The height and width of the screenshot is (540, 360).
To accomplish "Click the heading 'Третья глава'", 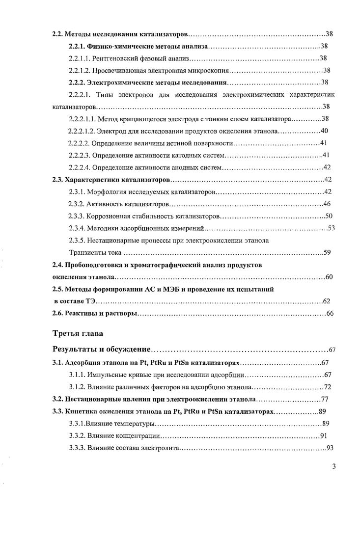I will coord(78,333).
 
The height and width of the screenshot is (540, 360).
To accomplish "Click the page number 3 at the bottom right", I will coord(333,466).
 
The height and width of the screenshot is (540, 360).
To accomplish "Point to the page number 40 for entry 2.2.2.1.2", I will coord(324,131).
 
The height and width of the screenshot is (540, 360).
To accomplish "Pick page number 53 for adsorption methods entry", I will coord(331,228).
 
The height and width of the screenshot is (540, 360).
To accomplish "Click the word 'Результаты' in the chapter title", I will coord(78,350).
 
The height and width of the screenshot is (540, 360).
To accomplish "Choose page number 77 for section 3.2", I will coord(324,399).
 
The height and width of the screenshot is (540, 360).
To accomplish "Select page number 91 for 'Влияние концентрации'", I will coord(323,435).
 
